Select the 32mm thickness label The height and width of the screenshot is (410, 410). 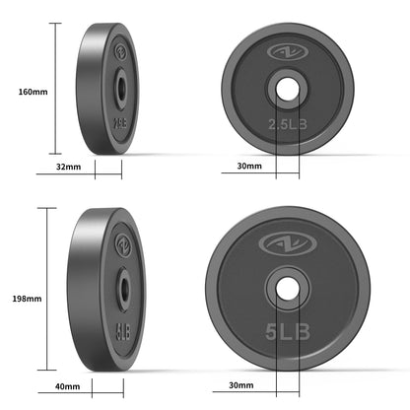[67, 168]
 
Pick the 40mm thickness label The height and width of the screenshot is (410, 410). [67, 385]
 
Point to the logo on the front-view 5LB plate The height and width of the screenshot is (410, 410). [287, 241]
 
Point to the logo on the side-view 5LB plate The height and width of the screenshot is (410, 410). [123, 243]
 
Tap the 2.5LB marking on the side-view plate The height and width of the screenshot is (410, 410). [118, 124]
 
